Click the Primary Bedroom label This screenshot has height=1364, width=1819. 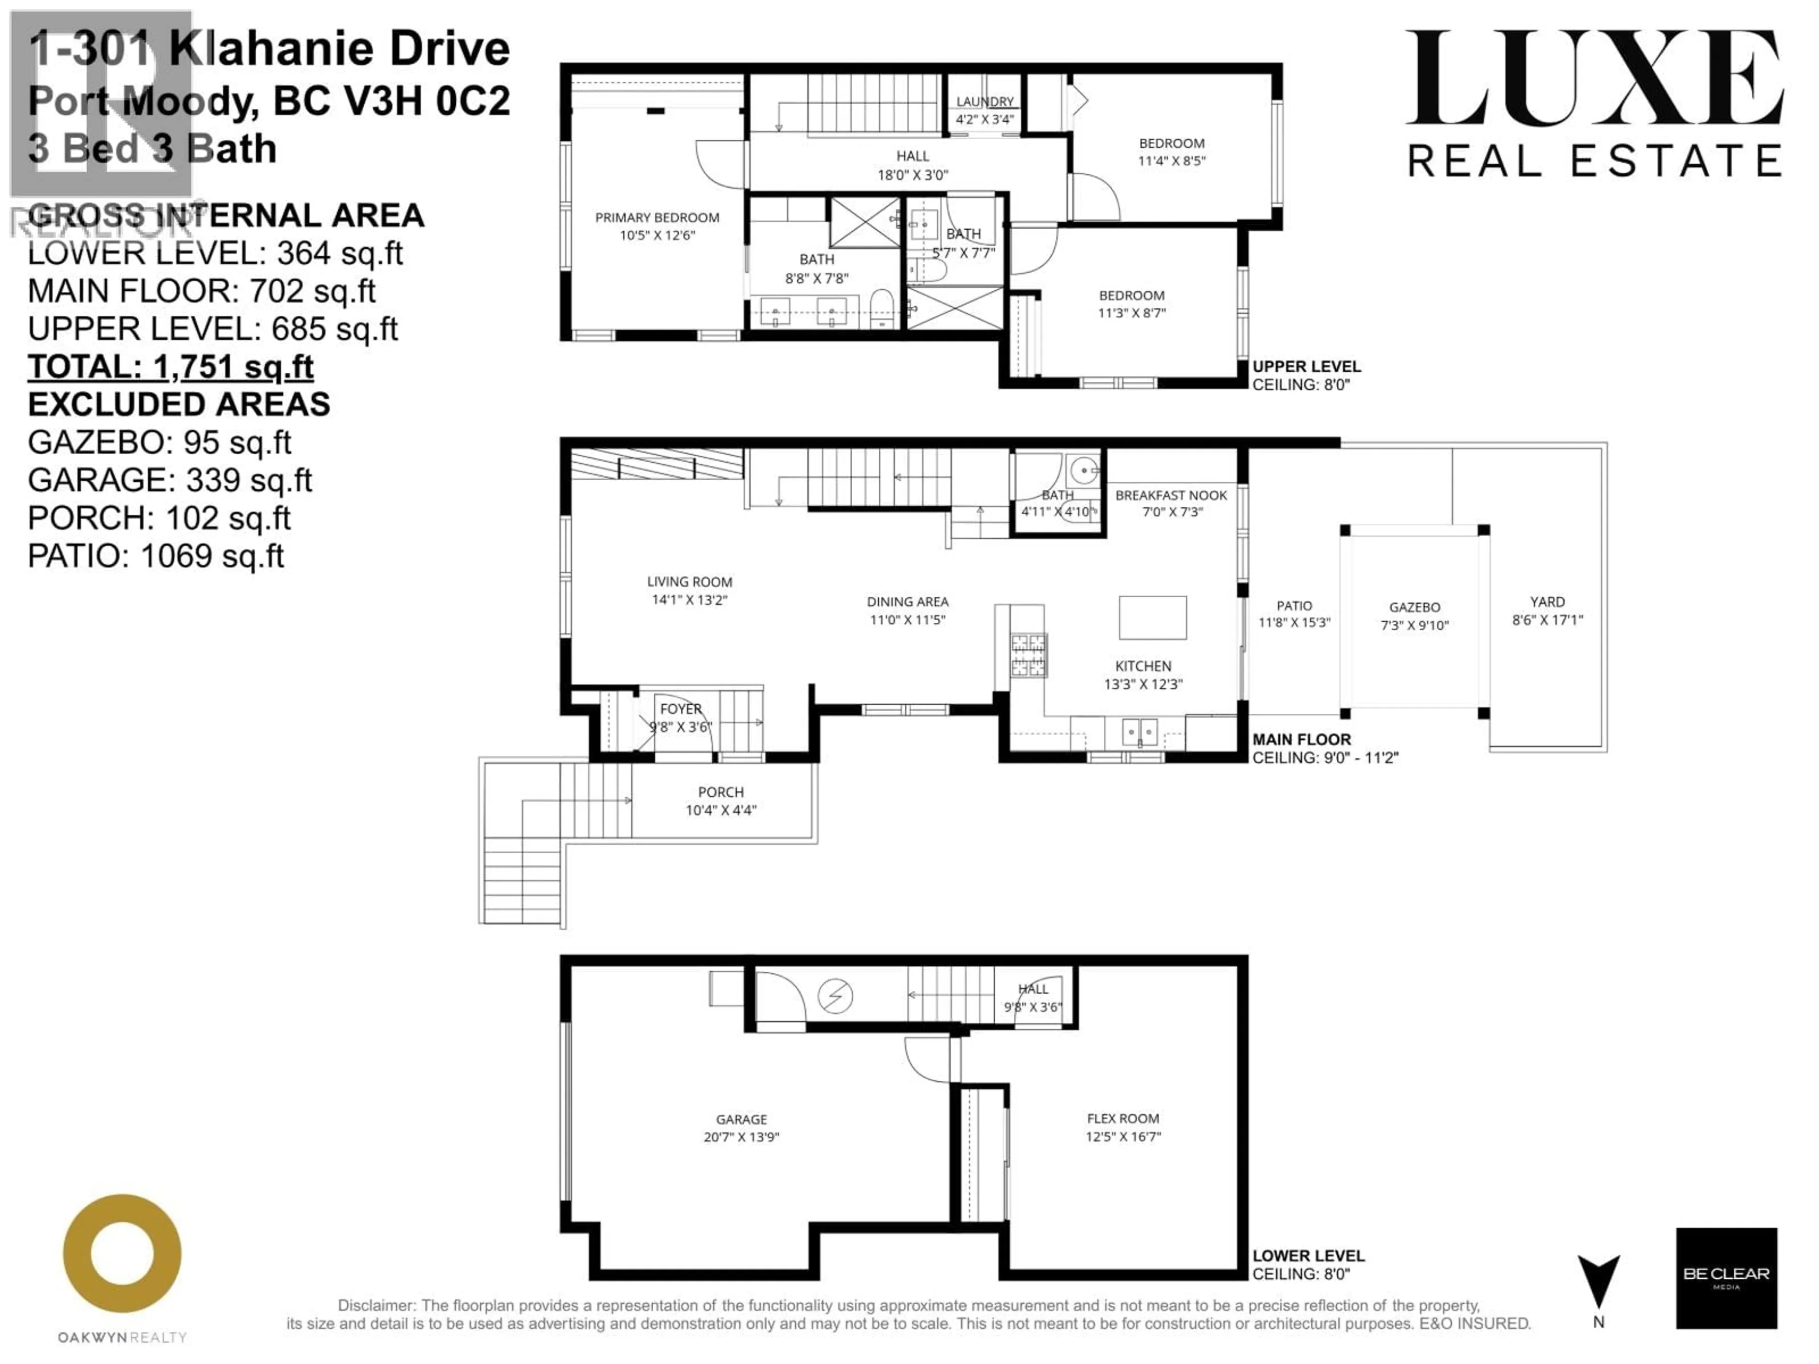point(657,217)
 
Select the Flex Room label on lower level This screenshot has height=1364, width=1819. point(1123,1118)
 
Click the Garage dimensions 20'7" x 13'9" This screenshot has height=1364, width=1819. point(741,1137)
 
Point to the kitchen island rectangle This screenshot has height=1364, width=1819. point(1152,618)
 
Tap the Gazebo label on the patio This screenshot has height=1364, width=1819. point(1414,607)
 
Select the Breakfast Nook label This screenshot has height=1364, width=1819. point(1171,495)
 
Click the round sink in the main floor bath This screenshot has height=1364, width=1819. point(1085,472)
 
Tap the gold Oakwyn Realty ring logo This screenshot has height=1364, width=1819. point(123,1253)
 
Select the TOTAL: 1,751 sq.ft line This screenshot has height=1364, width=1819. point(170,367)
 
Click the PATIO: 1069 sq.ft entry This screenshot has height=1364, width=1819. point(155,556)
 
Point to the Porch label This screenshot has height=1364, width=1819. point(720,792)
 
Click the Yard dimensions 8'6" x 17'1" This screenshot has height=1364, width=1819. point(1547,620)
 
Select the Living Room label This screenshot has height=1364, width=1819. point(689,581)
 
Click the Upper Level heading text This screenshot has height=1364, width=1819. point(1306,367)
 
